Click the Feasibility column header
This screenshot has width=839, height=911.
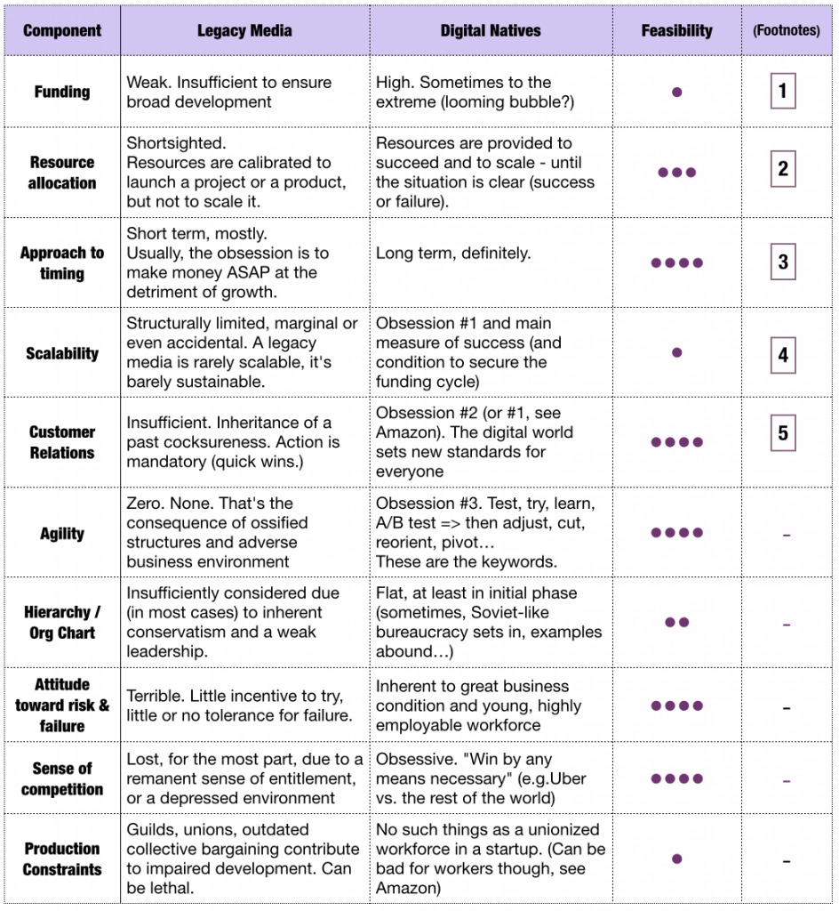(x=676, y=30)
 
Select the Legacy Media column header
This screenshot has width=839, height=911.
(x=244, y=30)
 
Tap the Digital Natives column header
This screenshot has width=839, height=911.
(x=490, y=30)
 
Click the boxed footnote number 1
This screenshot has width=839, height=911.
(x=782, y=91)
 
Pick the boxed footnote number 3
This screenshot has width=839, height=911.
(x=782, y=262)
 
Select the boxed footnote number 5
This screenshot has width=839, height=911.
(x=782, y=433)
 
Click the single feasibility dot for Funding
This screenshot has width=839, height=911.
(x=676, y=92)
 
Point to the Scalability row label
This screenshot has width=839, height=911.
(x=61, y=353)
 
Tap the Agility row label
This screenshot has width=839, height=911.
(x=61, y=534)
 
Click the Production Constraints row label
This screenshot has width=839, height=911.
(x=61, y=859)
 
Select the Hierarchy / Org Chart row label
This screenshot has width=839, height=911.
(x=61, y=623)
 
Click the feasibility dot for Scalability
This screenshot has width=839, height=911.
(x=676, y=353)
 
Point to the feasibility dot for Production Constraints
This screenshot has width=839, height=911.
(x=676, y=859)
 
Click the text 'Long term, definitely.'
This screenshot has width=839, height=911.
(x=453, y=254)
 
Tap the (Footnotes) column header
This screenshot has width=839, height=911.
(x=786, y=30)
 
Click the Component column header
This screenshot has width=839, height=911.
(x=61, y=30)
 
